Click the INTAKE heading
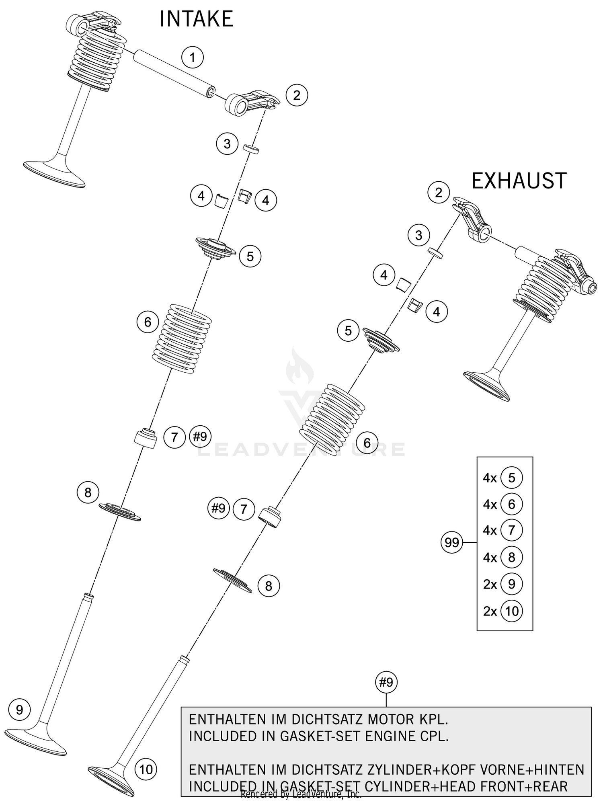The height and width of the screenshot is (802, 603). (x=196, y=19)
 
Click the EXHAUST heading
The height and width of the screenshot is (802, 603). (x=519, y=181)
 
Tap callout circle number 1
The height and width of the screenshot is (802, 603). (x=192, y=57)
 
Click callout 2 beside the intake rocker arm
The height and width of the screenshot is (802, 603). (x=297, y=95)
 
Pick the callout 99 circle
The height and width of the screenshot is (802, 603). (x=452, y=543)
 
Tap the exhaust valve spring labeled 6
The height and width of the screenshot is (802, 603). (x=332, y=421)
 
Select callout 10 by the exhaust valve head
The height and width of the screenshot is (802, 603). (x=146, y=769)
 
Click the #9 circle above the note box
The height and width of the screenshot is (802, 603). (x=386, y=682)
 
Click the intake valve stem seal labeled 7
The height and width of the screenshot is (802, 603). (x=146, y=439)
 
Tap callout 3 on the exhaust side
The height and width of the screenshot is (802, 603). (x=418, y=235)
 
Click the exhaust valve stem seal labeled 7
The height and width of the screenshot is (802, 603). (x=269, y=518)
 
